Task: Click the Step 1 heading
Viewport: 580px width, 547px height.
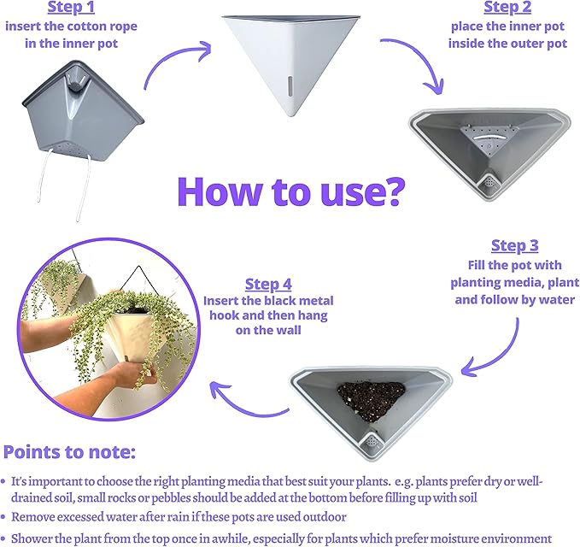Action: tap(71, 8)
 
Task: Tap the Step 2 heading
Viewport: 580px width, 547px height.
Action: tap(507, 8)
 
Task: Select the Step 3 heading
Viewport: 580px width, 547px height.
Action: tap(514, 246)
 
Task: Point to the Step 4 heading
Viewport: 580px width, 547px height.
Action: tap(268, 285)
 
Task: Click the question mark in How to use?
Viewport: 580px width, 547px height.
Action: tap(395, 191)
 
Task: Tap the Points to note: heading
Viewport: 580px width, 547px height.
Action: tap(69, 452)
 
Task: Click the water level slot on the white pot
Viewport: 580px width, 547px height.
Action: tap(290, 88)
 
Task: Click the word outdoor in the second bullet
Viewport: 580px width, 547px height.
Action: tap(325, 516)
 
